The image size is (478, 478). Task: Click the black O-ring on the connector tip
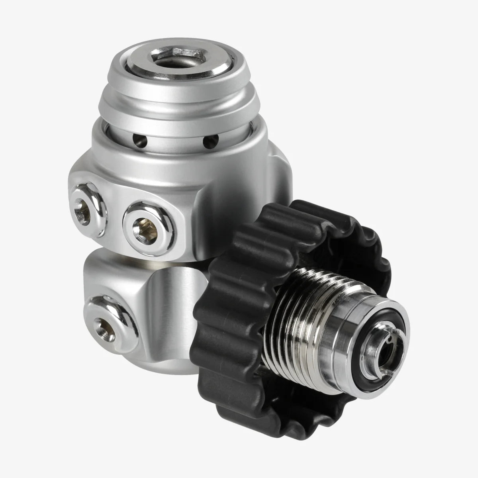coord(402,319)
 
